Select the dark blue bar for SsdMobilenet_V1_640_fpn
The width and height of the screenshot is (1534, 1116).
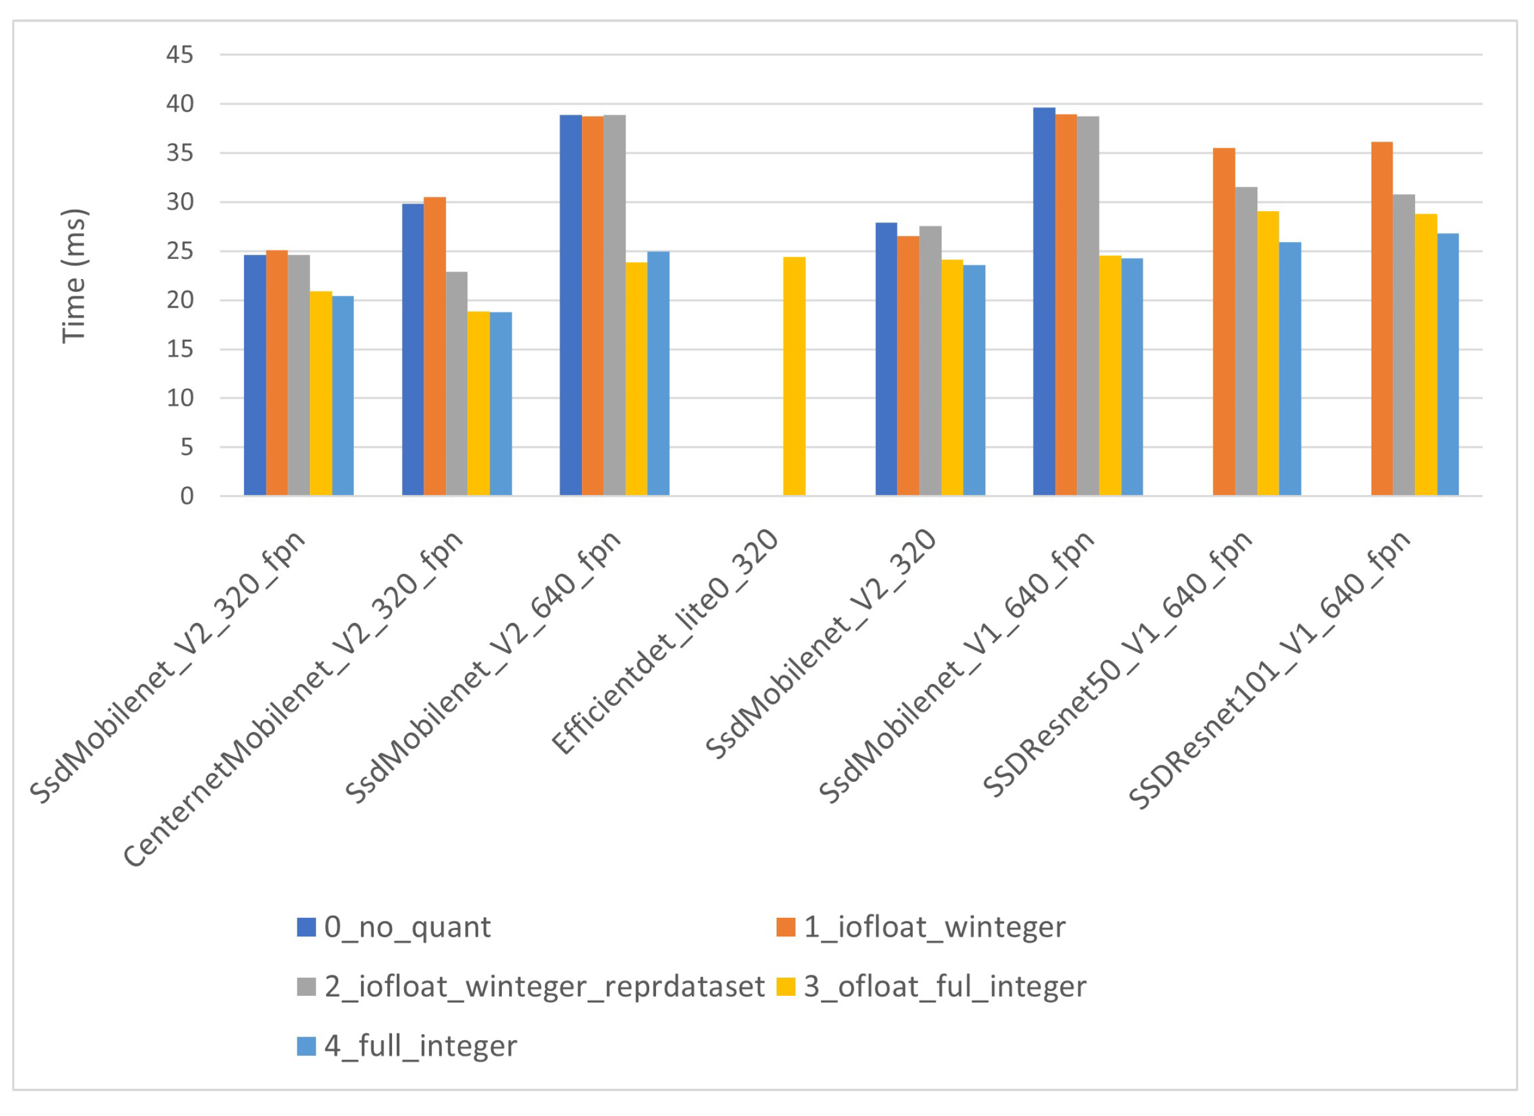pos(1044,301)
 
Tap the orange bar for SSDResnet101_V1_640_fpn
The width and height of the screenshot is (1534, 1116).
pos(1382,318)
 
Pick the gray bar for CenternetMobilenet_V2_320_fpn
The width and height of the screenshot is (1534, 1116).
pos(456,383)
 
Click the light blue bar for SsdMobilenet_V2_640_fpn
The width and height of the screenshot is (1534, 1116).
pos(658,373)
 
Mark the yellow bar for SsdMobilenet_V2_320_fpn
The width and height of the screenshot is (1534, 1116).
pos(320,394)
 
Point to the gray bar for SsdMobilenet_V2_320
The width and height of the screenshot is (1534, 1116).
pos(930,360)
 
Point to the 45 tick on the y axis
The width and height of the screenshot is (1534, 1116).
pos(180,55)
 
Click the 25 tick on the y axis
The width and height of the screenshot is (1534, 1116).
pos(180,252)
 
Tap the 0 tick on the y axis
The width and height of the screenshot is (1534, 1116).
pos(187,496)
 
